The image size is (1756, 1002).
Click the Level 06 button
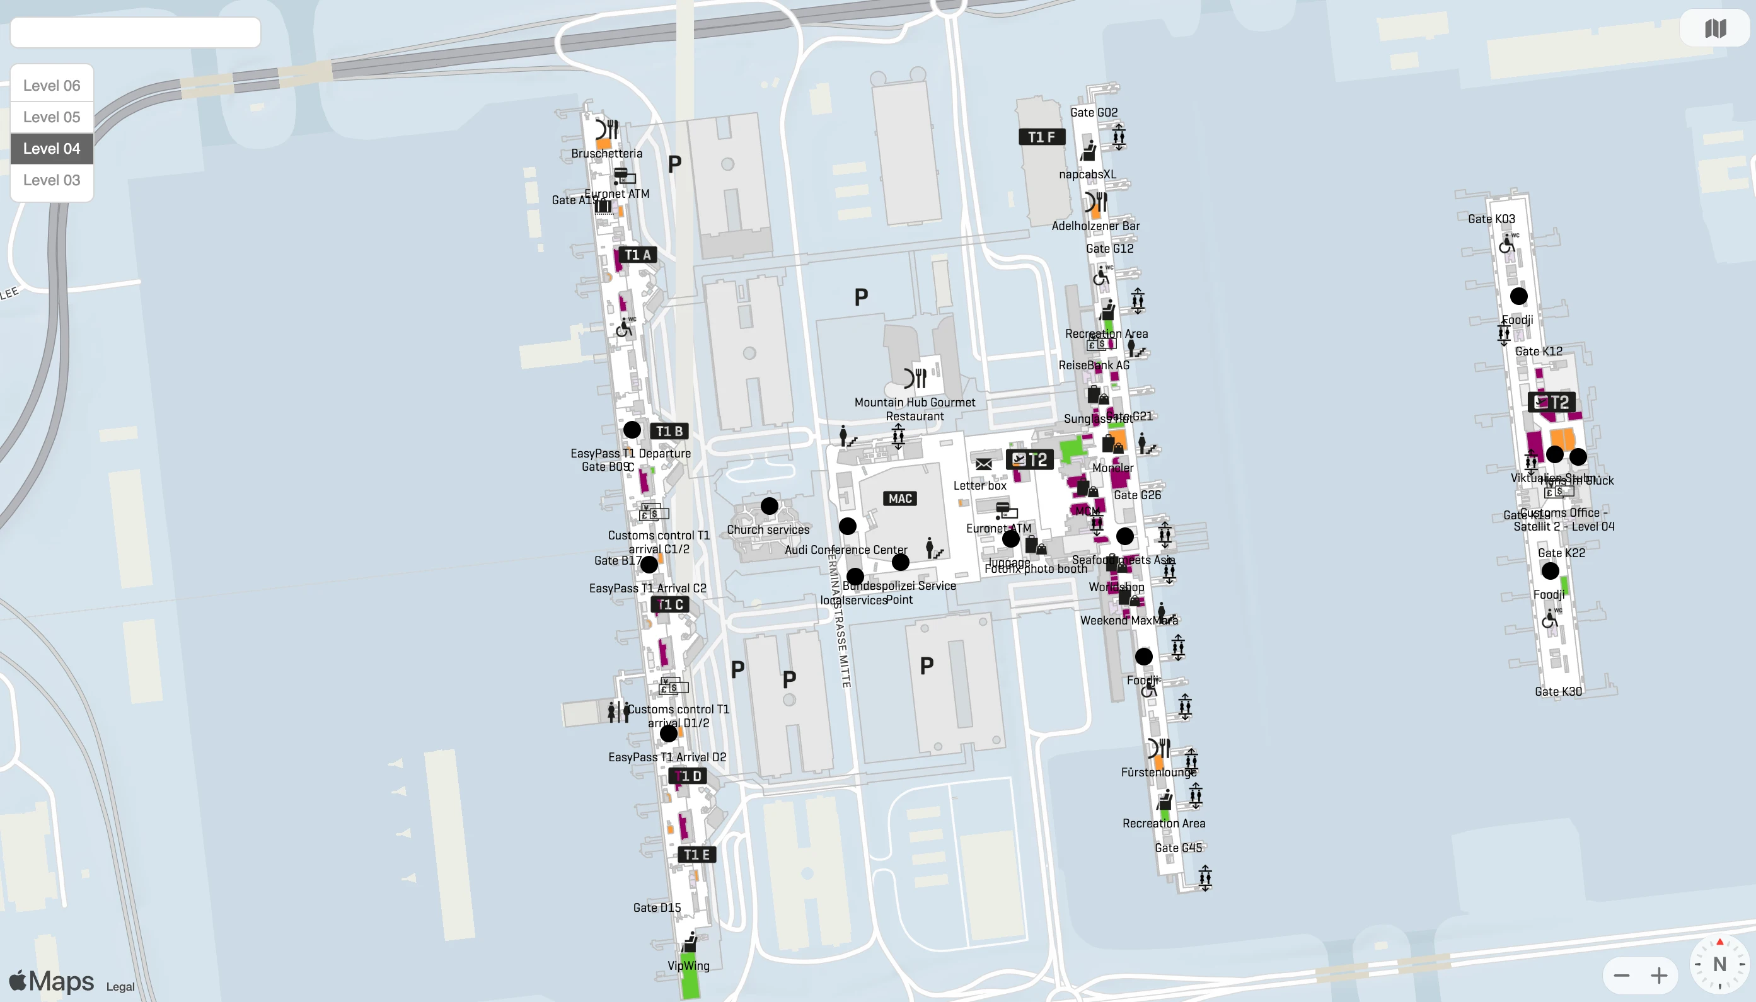coord(52,85)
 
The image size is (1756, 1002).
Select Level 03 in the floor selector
coord(52,180)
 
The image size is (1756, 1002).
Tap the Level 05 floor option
coord(52,117)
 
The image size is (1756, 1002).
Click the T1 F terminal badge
coord(1041,137)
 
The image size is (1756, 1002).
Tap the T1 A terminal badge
coord(637,255)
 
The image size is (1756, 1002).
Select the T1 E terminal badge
coord(696,855)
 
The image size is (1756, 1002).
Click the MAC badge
coord(899,498)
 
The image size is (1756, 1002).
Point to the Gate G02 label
coord(1094,112)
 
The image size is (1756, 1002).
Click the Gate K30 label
coord(1558,691)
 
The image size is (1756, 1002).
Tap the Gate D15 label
coord(656,907)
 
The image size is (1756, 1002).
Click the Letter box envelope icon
coord(983,464)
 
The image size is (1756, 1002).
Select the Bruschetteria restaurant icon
coord(606,129)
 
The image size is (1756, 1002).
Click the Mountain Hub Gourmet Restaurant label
coord(915,409)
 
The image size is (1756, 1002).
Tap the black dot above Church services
coord(770,506)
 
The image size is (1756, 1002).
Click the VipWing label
coord(688,965)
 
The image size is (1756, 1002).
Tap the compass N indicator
coord(1719,964)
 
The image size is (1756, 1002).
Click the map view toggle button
coord(1714,28)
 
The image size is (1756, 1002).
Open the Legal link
coord(120,986)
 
